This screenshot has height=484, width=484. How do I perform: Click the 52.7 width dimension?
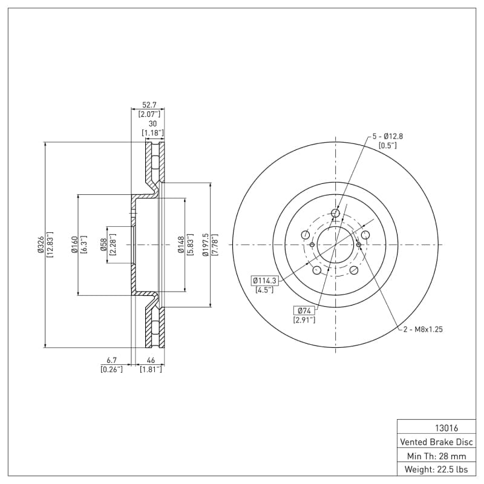tap(148, 105)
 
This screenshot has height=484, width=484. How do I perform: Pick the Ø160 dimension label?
tap(74, 245)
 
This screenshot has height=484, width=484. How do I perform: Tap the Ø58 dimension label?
tap(103, 245)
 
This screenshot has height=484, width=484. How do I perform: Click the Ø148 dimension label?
tap(181, 245)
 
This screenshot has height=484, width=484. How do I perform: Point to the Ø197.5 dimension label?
tap(206, 245)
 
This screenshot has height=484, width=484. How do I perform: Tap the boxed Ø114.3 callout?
tap(264, 280)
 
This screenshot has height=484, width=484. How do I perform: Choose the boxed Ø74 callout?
tap(304, 310)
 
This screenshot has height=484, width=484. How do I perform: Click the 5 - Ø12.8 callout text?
tap(387, 136)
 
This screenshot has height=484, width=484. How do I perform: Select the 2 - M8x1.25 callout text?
tap(423, 329)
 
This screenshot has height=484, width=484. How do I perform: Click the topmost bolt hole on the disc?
tap(336, 213)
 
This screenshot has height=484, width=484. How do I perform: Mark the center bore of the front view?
tap(335, 245)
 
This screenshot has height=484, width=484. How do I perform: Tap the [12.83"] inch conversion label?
tap(50, 245)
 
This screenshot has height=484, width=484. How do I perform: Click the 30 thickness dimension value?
tap(152, 123)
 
